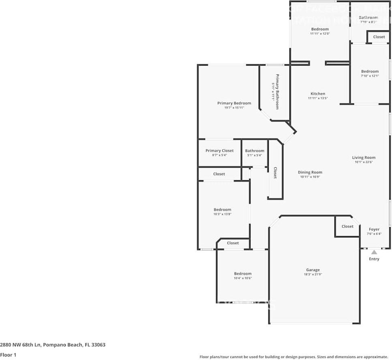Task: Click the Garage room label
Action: pyautogui.click(x=313, y=270)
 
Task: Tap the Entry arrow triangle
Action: pyautogui.click(x=374, y=252)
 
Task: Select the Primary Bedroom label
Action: pyautogui.click(x=234, y=103)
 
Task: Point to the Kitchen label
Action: pyautogui.click(x=318, y=94)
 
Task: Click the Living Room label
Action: pyautogui.click(x=363, y=158)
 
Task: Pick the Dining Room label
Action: pyautogui.click(x=310, y=172)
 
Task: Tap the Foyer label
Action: pyautogui.click(x=374, y=229)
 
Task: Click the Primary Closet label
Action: pyautogui.click(x=219, y=151)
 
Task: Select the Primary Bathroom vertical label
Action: pyautogui.click(x=278, y=92)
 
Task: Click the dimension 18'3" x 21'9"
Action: pyautogui.click(x=313, y=275)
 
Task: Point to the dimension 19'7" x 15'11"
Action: pyautogui.click(x=234, y=108)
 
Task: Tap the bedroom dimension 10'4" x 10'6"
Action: pyautogui.click(x=242, y=278)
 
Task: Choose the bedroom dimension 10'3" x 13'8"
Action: pyautogui.click(x=222, y=214)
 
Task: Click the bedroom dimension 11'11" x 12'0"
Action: pyautogui.click(x=319, y=34)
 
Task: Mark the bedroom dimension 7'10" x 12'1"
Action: pyautogui.click(x=370, y=76)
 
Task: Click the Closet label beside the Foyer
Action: pyautogui.click(x=347, y=226)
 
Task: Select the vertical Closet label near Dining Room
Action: pyautogui.click(x=275, y=173)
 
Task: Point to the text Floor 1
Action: pyautogui.click(x=8, y=355)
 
